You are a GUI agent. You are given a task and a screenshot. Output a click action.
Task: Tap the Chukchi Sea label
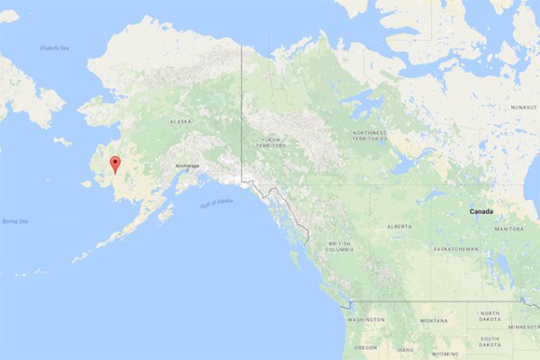point(53,48)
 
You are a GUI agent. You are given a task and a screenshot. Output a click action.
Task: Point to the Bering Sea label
point(14,220)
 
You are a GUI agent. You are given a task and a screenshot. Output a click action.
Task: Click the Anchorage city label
point(187,166)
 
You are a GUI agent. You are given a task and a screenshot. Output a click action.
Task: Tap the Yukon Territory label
point(272,142)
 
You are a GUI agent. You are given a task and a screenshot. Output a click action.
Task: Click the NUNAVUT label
point(524,106)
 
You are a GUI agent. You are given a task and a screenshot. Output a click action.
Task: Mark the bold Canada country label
point(481,211)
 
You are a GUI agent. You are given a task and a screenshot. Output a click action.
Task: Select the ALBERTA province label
point(400,227)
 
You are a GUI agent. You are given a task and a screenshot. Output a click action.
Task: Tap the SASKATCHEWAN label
point(454,249)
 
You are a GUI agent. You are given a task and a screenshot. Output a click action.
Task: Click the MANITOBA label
point(508,229)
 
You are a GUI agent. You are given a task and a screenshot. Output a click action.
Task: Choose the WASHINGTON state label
point(366,319)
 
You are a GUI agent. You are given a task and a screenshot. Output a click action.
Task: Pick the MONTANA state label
point(432,320)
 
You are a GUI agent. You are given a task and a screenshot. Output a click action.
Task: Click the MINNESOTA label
point(524,328)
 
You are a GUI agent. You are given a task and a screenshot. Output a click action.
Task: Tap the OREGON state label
point(365,346)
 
